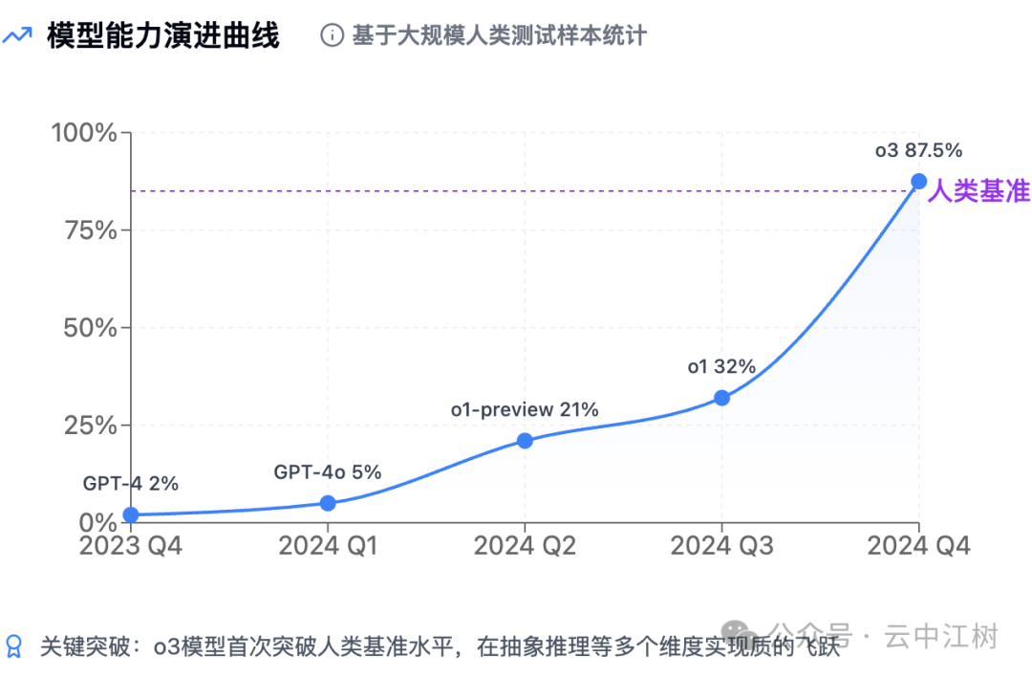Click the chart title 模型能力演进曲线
click(x=162, y=36)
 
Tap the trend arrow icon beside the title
click(x=17, y=36)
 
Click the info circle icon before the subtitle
click(x=332, y=36)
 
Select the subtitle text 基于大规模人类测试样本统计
click(x=499, y=36)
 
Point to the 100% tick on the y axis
click(x=83, y=132)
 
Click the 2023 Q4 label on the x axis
click(x=130, y=546)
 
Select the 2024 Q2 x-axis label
click(x=525, y=546)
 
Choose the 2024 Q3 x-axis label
click(x=721, y=546)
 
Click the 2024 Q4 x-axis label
click(x=918, y=546)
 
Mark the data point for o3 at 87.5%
click(x=918, y=181)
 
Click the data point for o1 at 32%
click(x=721, y=398)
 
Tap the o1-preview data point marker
click(x=525, y=441)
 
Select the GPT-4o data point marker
click(x=328, y=503)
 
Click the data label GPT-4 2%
click(x=130, y=483)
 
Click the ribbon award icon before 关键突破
click(x=14, y=645)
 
